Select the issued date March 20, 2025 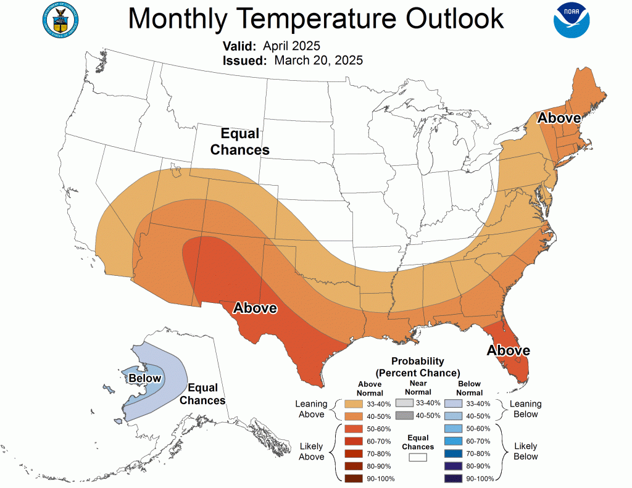click(318, 60)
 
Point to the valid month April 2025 click(291, 46)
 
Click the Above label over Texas click(255, 308)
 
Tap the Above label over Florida click(508, 350)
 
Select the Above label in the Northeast click(559, 118)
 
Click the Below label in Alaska click(145, 378)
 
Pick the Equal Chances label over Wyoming click(240, 142)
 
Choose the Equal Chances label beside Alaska click(206, 394)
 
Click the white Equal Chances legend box click(418, 457)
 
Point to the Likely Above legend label click(311, 452)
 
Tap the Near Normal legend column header click(418, 387)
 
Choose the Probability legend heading click(418, 367)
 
